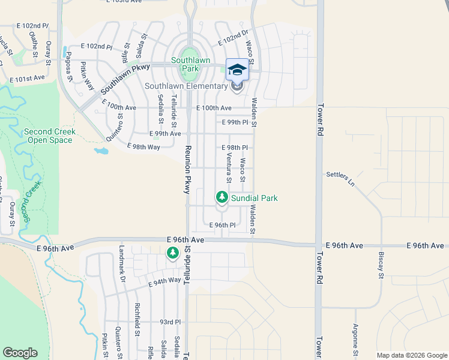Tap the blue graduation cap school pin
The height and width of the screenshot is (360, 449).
pyautogui.click(x=237, y=70)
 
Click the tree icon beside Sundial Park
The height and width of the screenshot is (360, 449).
pyautogui.click(x=221, y=197)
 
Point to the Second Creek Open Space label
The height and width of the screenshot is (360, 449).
pyautogui.click(x=49, y=136)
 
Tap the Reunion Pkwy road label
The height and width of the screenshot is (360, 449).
pyautogui.click(x=187, y=170)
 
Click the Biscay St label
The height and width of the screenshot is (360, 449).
pyautogui.click(x=381, y=266)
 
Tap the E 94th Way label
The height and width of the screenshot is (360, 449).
pyautogui.click(x=164, y=280)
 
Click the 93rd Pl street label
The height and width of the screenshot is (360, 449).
pyautogui.click(x=170, y=322)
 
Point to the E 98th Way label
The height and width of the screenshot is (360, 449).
pyautogui.click(x=143, y=146)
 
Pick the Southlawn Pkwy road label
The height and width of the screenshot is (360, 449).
pyautogui.click(x=125, y=79)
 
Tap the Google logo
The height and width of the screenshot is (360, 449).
pyautogui.click(x=20, y=353)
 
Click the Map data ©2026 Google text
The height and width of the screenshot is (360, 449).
pyautogui.click(x=411, y=355)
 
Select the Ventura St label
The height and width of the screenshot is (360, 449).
pyautogui.click(x=229, y=167)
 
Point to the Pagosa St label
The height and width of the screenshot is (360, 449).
pyautogui.click(x=70, y=69)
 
